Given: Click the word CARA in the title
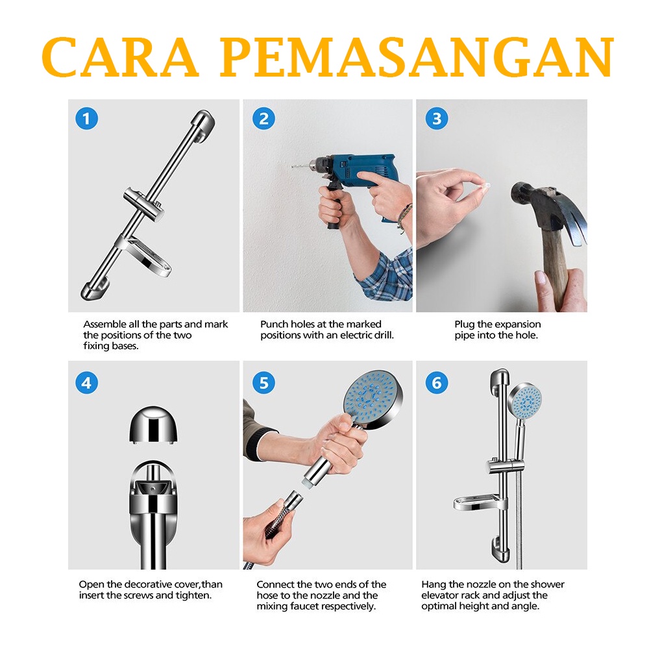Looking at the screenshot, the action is (x=120, y=57).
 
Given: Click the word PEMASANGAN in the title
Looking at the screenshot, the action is (x=417, y=57).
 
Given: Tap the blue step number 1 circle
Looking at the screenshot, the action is (x=86, y=118).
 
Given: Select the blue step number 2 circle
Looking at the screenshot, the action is (x=263, y=118).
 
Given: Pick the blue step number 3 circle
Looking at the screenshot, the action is (x=437, y=118).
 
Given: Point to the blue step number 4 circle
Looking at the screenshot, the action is (x=86, y=383).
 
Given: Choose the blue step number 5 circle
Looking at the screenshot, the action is (x=263, y=383).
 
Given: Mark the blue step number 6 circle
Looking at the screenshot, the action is (x=437, y=383).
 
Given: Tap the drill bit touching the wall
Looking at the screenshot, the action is (x=300, y=165).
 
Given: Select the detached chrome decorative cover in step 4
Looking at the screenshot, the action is (x=154, y=424).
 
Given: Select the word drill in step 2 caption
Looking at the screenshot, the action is (x=384, y=336).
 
